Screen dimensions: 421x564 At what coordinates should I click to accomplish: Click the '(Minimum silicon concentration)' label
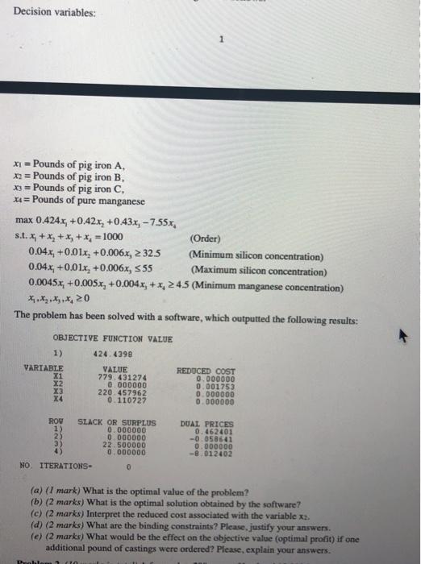point(256,256)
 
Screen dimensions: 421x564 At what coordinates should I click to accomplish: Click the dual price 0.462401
point(211,430)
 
